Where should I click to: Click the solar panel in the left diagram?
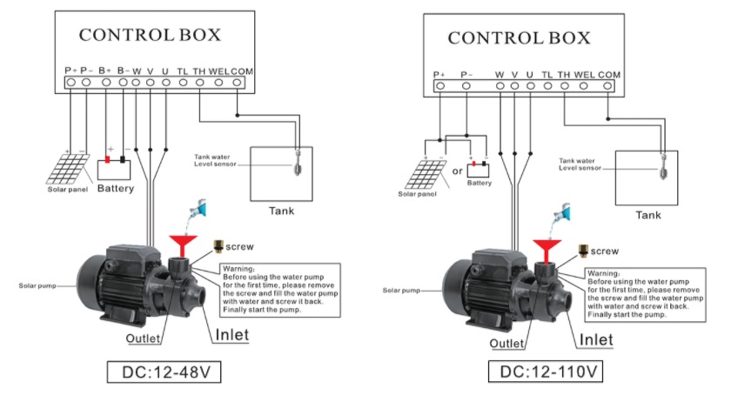(68, 167)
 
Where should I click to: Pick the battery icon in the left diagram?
(116, 161)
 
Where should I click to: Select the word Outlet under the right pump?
(507, 343)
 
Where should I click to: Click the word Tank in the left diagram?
(280, 209)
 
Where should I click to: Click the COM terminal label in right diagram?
(609, 75)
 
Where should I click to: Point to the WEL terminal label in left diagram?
(218, 70)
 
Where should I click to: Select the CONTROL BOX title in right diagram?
(519, 38)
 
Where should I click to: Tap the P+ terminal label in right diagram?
(439, 75)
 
